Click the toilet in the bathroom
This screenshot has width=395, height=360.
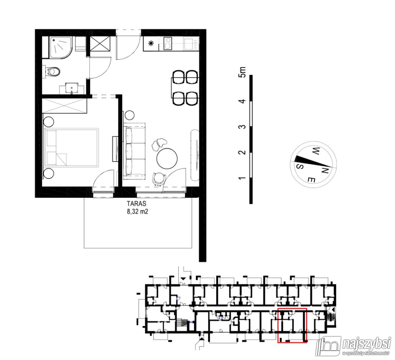pos(53,71)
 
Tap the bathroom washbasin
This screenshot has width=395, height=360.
pos(71,88)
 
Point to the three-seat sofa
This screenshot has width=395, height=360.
pos(134,151)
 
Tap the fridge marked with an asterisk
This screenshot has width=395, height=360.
pos(151,43)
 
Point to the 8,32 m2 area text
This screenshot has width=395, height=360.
pos(138,212)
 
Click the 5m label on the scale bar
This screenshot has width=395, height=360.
pos(243,72)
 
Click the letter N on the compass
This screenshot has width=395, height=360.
pos(325,170)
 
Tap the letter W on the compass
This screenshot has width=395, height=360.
pos(315,152)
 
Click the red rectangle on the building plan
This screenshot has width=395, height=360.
pos(292,309)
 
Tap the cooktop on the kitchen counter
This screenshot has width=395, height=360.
pos(168,43)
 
